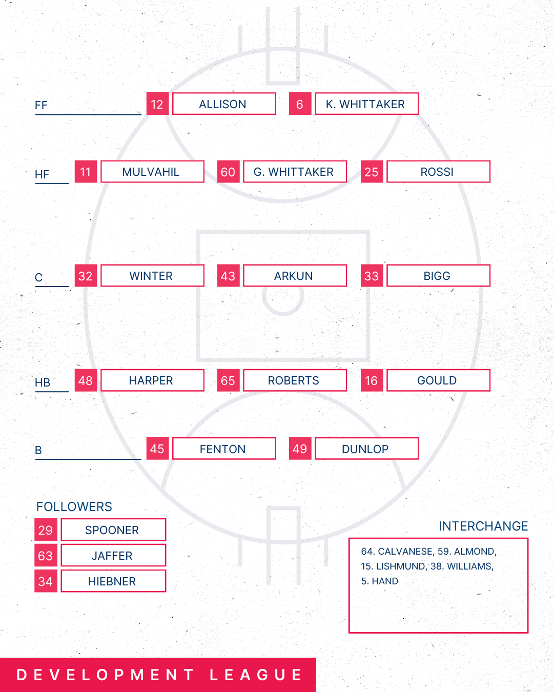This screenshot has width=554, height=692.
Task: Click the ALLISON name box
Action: [x=224, y=104]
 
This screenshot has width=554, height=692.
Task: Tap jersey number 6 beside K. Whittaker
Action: [x=300, y=104]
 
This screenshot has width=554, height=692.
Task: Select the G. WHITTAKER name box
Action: [x=295, y=171]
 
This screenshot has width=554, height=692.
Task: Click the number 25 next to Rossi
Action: [x=372, y=171]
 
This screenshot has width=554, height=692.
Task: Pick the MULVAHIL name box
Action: [x=152, y=171]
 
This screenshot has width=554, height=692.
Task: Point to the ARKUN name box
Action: [x=295, y=276]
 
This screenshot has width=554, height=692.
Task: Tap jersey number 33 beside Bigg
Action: [x=372, y=276]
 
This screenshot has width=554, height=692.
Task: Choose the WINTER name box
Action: [x=152, y=276]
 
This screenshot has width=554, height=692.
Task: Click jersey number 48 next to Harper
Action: [x=86, y=380]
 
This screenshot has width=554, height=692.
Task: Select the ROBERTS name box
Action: [x=295, y=380]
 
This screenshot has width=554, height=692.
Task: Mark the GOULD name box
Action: [x=439, y=380]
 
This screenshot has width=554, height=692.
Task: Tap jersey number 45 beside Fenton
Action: [x=157, y=448]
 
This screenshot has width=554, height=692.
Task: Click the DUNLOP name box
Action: [x=366, y=448]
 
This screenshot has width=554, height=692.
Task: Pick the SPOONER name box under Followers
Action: [x=113, y=530]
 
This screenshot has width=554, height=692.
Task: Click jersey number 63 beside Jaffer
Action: [x=46, y=555]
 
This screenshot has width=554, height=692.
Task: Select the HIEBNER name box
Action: [x=113, y=581]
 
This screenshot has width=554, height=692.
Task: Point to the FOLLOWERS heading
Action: [x=74, y=507]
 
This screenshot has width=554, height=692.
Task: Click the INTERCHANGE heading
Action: [x=483, y=526]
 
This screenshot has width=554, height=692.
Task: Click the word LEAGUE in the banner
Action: [x=256, y=675]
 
